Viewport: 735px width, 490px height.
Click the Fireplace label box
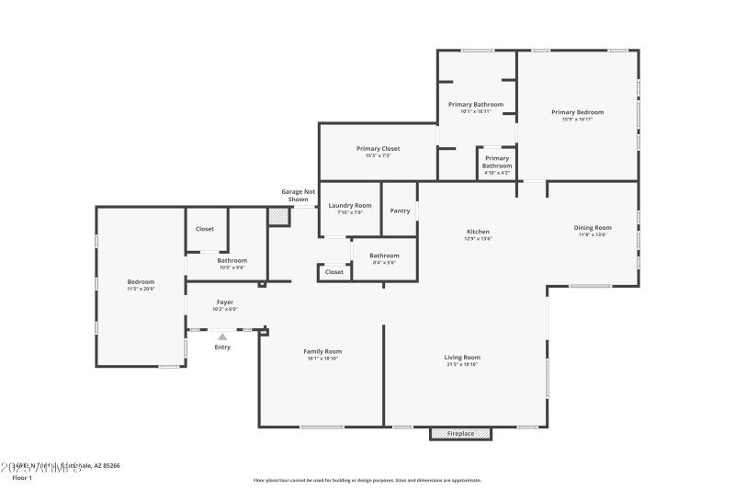pos(460,433)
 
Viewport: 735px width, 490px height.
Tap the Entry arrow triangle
pos(222,337)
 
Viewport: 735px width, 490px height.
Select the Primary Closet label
pos(378,148)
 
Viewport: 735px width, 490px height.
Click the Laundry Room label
pos(350,205)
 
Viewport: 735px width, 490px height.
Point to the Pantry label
pos(400,211)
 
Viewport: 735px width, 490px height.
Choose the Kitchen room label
pos(478,232)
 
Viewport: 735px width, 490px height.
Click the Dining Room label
pos(593,227)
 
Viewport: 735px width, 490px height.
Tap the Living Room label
pos(464,358)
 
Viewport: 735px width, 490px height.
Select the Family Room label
pos(322,351)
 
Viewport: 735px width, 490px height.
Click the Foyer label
pos(225,302)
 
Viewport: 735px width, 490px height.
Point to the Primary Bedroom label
pos(577,112)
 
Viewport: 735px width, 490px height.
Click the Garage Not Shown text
pos(298,195)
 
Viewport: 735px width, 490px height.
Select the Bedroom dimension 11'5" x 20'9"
pos(141,289)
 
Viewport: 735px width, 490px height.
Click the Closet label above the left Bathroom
pos(205,229)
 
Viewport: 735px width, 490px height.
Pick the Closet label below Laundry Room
pos(334,272)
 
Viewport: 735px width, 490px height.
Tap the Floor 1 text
pos(22,478)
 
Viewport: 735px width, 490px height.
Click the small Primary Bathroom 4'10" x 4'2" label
pos(497,162)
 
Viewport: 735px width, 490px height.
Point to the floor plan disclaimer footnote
pos(367,480)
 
